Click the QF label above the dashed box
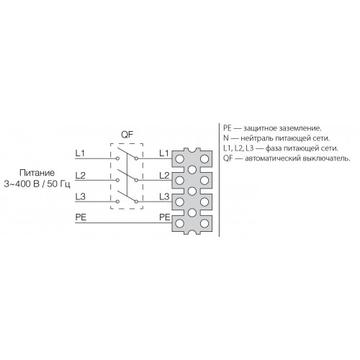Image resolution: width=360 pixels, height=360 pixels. point(127,135)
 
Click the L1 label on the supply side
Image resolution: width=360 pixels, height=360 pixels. point(80,153)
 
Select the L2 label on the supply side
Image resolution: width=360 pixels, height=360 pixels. point(80,176)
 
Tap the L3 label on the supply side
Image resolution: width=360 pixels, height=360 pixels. point(80,197)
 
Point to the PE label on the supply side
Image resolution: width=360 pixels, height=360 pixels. point(81,217)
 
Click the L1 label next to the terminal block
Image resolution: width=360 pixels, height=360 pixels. point(164,153)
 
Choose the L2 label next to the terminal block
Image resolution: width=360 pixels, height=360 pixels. point(164,176)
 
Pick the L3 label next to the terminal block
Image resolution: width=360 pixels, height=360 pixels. point(164,197)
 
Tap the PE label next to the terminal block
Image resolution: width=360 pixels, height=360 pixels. point(165,217)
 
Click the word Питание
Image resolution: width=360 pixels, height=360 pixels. point(37,173)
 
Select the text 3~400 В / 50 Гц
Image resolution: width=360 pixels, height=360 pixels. point(37,184)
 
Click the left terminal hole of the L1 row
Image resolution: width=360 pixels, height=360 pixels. point(179,159)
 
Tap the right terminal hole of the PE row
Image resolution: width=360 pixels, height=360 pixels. point(204,223)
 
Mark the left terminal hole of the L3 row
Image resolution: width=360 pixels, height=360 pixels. point(179,202)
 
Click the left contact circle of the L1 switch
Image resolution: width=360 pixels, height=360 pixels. point(117,158)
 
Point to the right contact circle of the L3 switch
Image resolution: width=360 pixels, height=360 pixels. point(136,202)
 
